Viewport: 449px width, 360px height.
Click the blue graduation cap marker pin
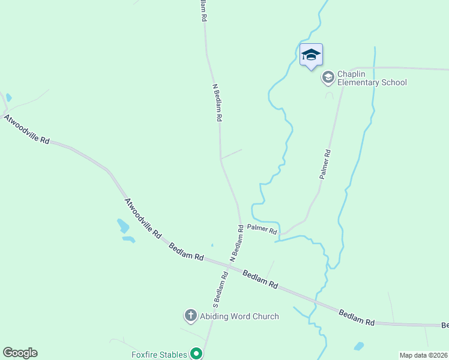(x=311, y=55)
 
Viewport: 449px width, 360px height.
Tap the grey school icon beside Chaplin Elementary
(x=328, y=77)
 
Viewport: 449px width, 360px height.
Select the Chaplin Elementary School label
(x=372, y=78)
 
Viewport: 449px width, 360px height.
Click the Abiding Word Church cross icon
(x=190, y=316)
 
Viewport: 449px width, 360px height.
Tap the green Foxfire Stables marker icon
(x=196, y=354)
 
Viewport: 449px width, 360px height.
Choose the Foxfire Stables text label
(x=159, y=355)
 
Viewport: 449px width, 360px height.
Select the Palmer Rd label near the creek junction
(x=262, y=229)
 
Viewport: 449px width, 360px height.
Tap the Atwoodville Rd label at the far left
(x=26, y=128)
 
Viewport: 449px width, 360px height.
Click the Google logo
(x=20, y=353)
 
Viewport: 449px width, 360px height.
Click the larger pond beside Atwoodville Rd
(x=123, y=226)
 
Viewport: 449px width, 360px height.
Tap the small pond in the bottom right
(x=359, y=346)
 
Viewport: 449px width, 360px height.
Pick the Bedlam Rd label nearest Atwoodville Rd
(x=185, y=251)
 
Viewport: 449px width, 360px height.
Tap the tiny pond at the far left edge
(x=8, y=97)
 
